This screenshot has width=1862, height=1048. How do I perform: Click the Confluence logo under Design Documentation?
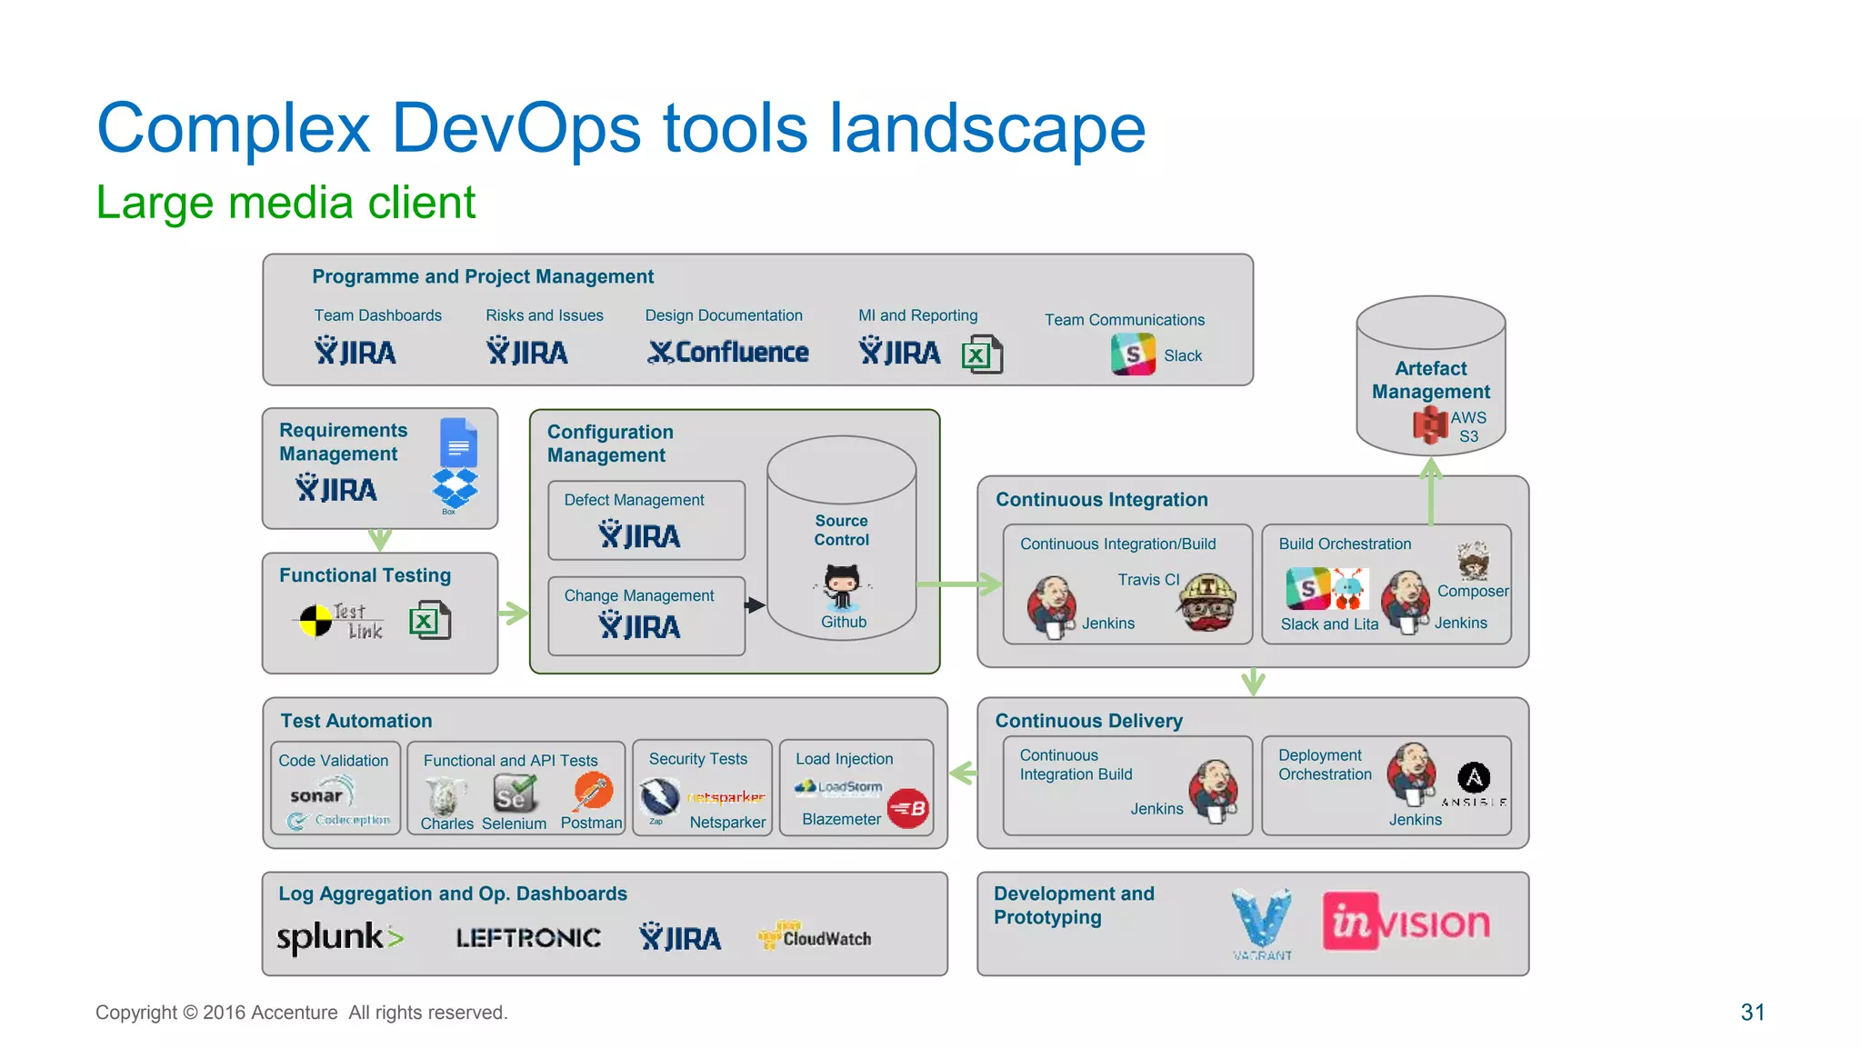click(x=728, y=353)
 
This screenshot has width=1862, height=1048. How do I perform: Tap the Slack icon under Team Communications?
click(x=1133, y=354)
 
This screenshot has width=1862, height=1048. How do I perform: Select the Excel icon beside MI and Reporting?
click(x=982, y=354)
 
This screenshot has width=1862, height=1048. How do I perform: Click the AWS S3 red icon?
click(x=1430, y=424)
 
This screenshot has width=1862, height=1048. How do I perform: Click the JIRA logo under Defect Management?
click(x=640, y=535)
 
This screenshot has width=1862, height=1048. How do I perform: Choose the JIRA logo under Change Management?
click(x=640, y=625)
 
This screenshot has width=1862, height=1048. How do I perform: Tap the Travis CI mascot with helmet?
click(x=1207, y=602)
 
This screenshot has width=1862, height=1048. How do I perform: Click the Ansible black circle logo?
click(x=1474, y=777)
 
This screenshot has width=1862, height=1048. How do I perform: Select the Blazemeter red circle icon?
click(x=907, y=808)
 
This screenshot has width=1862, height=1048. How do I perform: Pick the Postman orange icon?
click(x=593, y=791)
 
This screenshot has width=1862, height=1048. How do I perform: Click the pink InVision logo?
click(x=1406, y=923)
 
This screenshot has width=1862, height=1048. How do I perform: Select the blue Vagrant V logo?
click(x=1261, y=919)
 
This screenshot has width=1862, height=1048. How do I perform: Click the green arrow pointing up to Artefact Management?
click(x=1431, y=492)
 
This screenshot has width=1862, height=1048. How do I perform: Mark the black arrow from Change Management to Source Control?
click(x=755, y=604)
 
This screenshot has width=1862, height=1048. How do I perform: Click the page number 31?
click(x=1752, y=1013)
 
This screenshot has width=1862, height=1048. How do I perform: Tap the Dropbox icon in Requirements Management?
click(x=455, y=488)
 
